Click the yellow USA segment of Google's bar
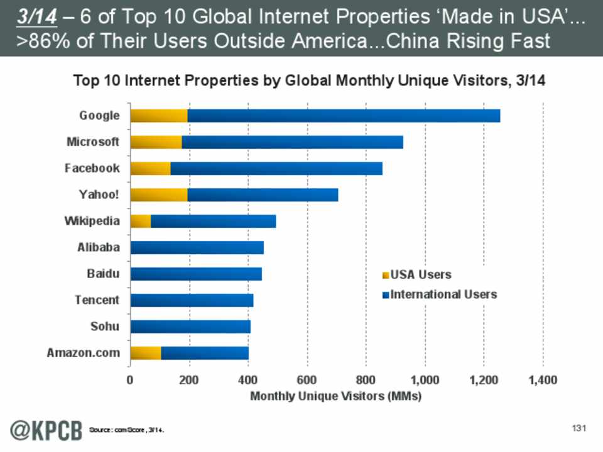pos(159,116)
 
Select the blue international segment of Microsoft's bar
pos(292,142)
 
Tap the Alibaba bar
pos(197,247)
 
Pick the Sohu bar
pos(190,326)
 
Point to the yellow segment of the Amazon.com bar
pos(146,353)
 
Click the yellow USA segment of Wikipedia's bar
pos(141,221)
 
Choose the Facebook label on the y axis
pos(92,168)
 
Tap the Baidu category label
pos(103,274)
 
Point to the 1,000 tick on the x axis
pos(425,380)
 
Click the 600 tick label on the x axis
pos(307,380)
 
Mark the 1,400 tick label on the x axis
pos(543,380)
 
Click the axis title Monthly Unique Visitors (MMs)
pos(336,397)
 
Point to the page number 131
pos(579,428)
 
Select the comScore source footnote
pos(131,430)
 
